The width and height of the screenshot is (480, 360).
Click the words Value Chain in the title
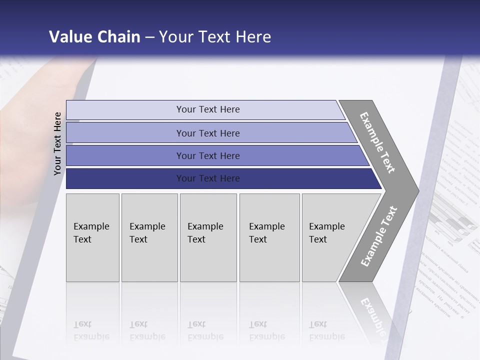[94, 37]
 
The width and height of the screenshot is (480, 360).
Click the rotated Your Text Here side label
[57, 143]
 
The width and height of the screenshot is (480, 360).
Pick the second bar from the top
[207, 133]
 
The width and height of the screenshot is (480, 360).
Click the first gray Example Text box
[92, 237]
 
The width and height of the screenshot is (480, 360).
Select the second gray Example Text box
[149, 237]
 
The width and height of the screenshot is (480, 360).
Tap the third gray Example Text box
[208, 237]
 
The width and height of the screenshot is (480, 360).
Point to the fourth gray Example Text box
[269, 237]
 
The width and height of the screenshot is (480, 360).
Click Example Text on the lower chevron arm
[378, 236]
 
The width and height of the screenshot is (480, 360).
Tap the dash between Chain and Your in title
[149, 37]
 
